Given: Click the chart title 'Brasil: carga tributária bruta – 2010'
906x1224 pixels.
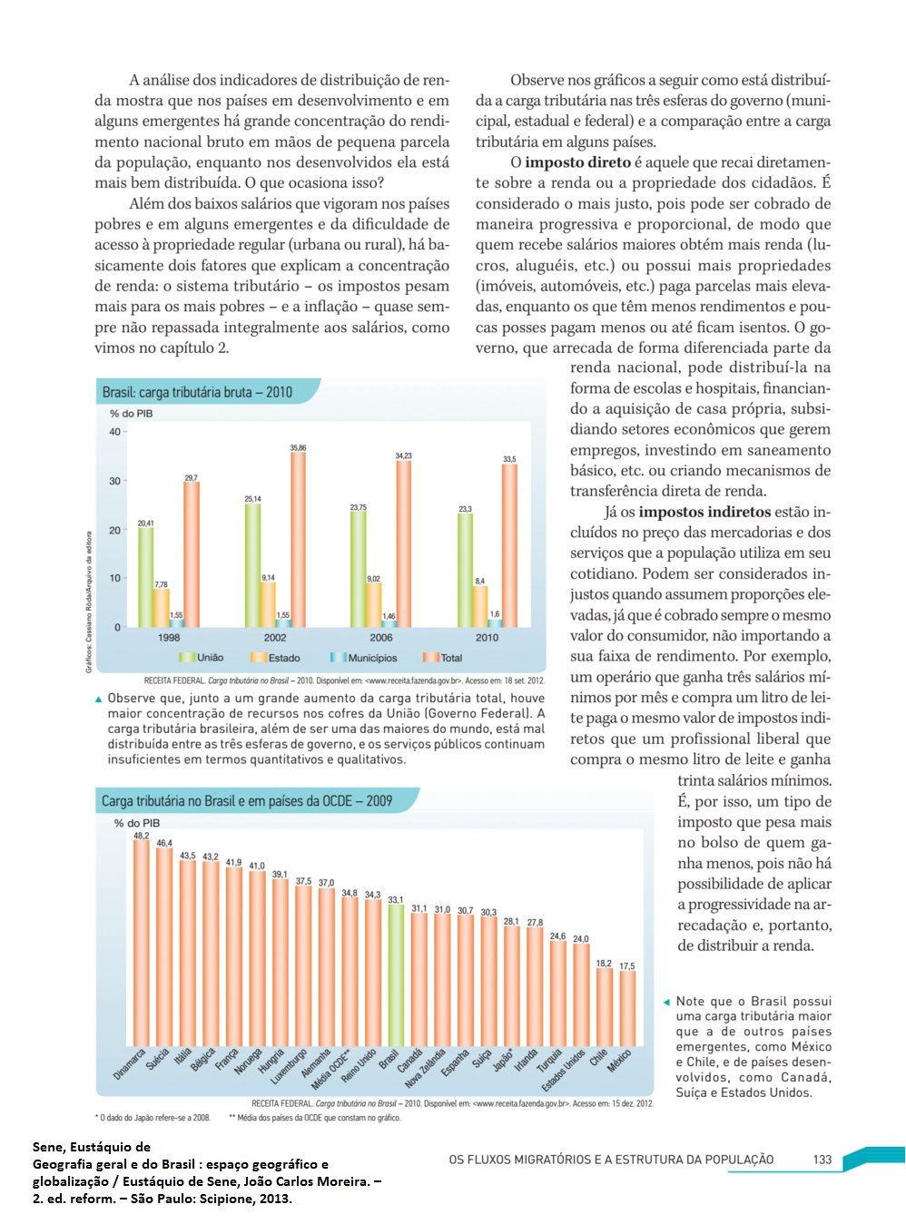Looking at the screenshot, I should click(197, 392).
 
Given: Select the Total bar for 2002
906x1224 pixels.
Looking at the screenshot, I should click(297, 539).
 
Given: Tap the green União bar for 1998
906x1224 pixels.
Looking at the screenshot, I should click(145, 577).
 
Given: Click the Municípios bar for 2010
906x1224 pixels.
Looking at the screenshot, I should click(495, 622).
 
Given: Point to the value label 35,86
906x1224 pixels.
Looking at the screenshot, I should click(298, 448).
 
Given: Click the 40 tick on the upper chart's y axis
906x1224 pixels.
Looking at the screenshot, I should click(114, 431).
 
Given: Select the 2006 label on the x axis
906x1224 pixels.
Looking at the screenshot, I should click(381, 638).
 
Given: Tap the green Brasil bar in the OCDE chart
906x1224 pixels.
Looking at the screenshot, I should click(395, 974).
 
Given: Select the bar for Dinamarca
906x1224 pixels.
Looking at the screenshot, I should click(141, 943).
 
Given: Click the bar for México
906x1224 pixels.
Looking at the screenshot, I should click(627, 1008).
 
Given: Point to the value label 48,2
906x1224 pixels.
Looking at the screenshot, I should click(142, 836).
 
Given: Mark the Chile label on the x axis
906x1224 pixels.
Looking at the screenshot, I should click(598, 1058).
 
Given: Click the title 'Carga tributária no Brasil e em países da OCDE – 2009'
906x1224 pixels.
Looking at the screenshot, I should click(247, 801).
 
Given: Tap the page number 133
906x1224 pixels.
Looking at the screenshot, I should click(822, 1159).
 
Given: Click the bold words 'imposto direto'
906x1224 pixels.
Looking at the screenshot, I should click(577, 162).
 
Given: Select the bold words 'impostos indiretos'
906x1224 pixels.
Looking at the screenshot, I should click(704, 512).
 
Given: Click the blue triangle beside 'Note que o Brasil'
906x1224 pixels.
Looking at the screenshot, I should click(667, 1002).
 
